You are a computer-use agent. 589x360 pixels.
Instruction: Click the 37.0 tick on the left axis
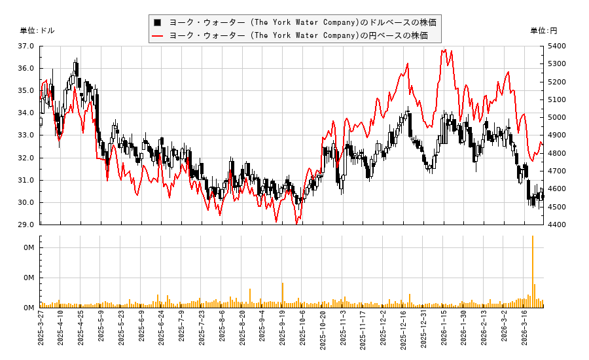click(26, 46)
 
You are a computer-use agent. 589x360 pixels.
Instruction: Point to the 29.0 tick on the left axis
click(26, 225)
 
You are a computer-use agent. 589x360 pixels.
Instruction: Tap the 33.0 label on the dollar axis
click(26, 135)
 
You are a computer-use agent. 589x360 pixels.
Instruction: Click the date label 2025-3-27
click(41, 333)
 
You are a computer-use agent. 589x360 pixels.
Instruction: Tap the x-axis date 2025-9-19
click(283, 333)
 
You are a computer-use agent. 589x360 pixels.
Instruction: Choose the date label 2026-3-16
click(524, 333)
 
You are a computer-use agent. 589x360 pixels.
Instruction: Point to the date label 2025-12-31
click(423, 333)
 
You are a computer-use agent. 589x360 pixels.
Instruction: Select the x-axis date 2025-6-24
click(162, 333)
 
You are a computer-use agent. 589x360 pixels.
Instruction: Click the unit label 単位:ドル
click(37, 31)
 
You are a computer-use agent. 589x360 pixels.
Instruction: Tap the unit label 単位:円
click(543, 31)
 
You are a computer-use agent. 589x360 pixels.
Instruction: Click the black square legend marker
click(157, 22)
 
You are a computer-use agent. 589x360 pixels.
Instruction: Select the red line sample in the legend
click(157, 35)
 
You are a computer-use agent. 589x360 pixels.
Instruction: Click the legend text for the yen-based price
click(298, 35)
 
